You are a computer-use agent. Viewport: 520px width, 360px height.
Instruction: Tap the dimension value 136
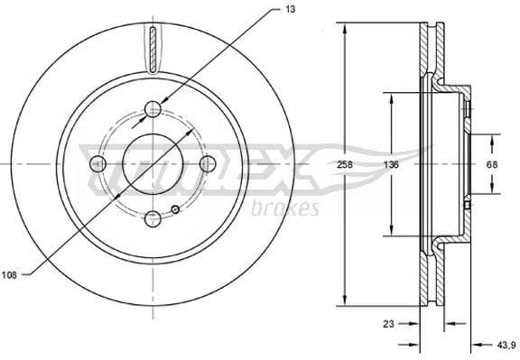[x=390, y=165]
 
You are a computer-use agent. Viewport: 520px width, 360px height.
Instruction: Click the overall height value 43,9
[x=506, y=343]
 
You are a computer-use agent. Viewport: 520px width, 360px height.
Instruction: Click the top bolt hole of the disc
[x=153, y=110]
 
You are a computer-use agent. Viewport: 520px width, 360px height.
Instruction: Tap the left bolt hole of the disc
[x=98, y=163]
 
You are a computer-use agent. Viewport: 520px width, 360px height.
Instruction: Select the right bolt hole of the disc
[x=207, y=163]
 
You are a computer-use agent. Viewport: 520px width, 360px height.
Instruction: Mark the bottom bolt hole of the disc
[x=153, y=217]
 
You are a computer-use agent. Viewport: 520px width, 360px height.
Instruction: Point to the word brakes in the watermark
[x=290, y=209]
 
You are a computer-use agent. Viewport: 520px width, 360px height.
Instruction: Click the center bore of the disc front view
[x=153, y=163]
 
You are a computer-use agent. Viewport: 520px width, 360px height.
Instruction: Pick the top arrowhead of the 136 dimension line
[x=390, y=96]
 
